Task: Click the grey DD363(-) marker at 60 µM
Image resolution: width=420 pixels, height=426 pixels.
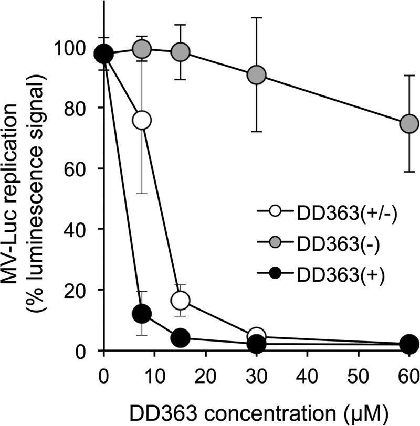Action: [409, 124]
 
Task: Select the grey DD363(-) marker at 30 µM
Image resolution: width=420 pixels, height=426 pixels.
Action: [257, 75]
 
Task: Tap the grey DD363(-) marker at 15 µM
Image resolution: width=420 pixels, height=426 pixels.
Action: [180, 52]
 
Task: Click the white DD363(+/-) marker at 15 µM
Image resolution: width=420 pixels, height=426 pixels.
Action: [180, 301]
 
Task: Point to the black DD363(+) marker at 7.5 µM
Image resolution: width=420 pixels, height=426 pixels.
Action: [142, 314]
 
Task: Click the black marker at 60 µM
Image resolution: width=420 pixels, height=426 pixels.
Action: [409, 344]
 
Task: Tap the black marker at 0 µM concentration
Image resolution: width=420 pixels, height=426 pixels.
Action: [104, 54]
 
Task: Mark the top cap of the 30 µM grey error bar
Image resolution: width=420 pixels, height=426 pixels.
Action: [257, 17]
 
